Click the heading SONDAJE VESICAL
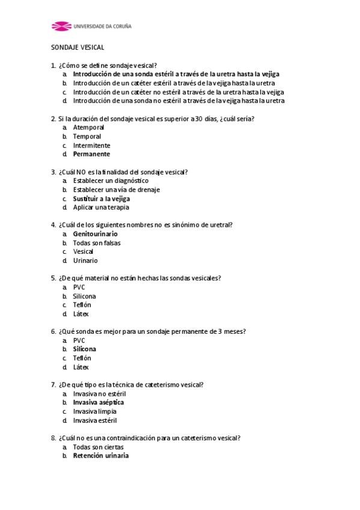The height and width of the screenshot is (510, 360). point(77,47)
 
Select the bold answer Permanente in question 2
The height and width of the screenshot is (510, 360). point(91,154)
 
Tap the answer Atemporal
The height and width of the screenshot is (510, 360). point(88,127)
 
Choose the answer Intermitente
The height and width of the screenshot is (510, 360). point(91,146)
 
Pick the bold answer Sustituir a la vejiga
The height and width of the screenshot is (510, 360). point(102,198)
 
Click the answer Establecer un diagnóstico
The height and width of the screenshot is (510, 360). point(111,180)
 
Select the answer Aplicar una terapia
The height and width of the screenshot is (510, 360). point(101,207)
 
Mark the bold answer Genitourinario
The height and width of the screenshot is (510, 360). point(95,234)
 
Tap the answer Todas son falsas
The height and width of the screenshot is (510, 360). point(96,243)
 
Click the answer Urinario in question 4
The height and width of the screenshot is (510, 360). point(85,260)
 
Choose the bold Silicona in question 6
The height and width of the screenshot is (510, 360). point(84,349)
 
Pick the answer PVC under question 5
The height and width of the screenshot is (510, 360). point(79,287)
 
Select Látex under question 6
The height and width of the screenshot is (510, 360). point(81,367)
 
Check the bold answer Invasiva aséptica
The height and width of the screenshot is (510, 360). point(99,402)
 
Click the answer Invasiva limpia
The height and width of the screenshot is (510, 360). point(94,411)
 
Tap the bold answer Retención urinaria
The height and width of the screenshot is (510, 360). point(100,456)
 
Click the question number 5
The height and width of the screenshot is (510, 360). point(53,278)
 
